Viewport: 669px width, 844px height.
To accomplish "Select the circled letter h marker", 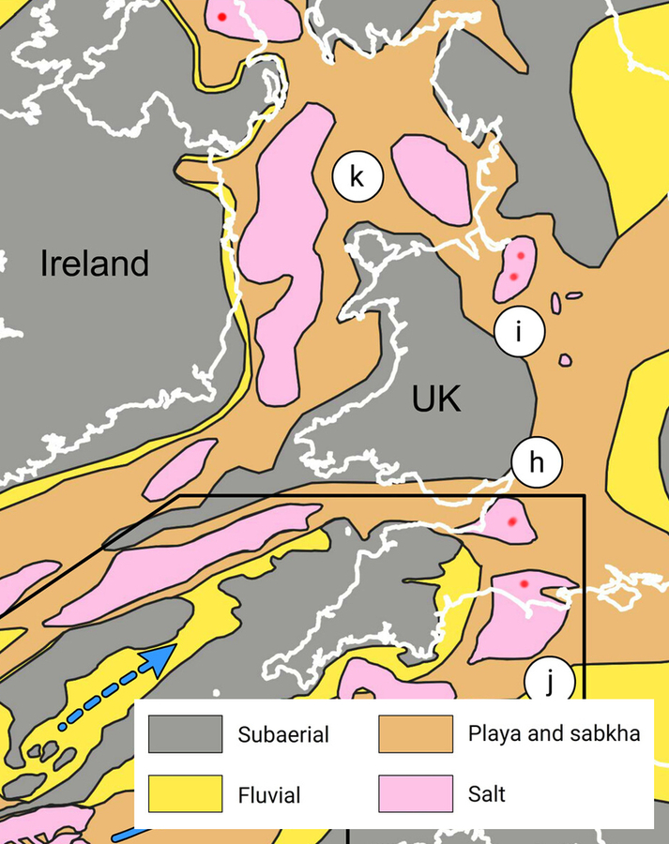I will (536, 462).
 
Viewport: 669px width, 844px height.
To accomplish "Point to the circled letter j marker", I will (549, 682).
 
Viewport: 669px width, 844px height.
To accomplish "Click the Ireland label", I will (94, 264).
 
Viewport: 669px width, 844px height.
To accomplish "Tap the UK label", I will (436, 400).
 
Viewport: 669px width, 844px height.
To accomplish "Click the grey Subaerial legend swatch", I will (185, 734).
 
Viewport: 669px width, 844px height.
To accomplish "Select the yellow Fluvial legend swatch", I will (185, 794).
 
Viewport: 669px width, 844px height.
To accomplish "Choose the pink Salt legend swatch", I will (417, 793).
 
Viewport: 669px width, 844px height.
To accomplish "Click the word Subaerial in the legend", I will (283, 735).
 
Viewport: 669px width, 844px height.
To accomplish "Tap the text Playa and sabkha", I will (554, 733).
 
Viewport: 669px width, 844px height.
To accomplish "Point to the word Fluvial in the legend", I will (269, 795).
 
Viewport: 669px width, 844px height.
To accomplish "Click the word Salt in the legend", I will (486, 794).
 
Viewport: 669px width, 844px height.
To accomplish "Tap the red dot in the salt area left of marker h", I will (511, 521).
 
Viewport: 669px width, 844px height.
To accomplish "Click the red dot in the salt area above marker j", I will (525, 584).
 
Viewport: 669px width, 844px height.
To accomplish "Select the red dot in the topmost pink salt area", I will (221, 17).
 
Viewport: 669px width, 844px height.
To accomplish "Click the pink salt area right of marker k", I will (432, 178).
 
